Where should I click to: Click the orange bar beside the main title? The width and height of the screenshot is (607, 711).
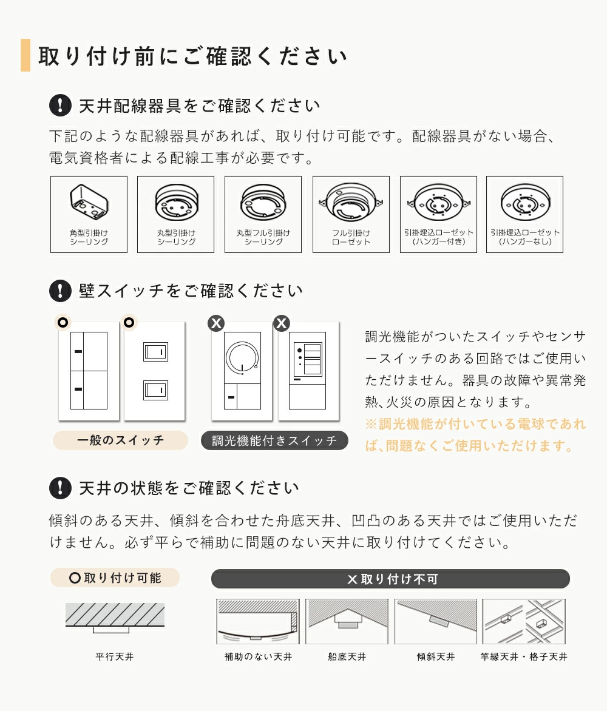coord(25,55)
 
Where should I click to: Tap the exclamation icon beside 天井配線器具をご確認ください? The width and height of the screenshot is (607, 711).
coord(60,105)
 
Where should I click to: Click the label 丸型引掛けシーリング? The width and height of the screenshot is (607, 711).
coord(177,237)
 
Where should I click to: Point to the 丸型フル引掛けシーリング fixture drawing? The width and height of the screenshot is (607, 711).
coord(263,202)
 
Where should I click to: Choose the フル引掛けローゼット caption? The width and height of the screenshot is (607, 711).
coord(351,237)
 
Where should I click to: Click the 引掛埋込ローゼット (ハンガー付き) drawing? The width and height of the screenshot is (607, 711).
coord(438,203)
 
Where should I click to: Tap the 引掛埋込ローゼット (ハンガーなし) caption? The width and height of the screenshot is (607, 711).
coord(525,237)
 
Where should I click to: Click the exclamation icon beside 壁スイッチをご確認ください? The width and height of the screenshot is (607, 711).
coord(60,291)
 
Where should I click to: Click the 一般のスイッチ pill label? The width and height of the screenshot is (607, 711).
coord(120,440)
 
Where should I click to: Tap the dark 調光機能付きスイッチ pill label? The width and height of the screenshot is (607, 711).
coord(274,440)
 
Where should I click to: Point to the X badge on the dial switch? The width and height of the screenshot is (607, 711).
coord(216,323)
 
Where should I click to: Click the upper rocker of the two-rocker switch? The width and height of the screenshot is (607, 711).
coord(155,352)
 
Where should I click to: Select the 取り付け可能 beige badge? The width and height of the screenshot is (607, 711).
coord(115,578)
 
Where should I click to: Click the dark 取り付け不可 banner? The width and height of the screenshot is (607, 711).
coord(390,579)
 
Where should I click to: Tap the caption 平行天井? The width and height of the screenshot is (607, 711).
coord(115,656)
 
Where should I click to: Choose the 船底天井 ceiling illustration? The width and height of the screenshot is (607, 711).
coord(347,621)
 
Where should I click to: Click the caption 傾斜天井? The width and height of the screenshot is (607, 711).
coord(436,656)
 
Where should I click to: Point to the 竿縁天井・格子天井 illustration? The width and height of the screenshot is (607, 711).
coord(524,621)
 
